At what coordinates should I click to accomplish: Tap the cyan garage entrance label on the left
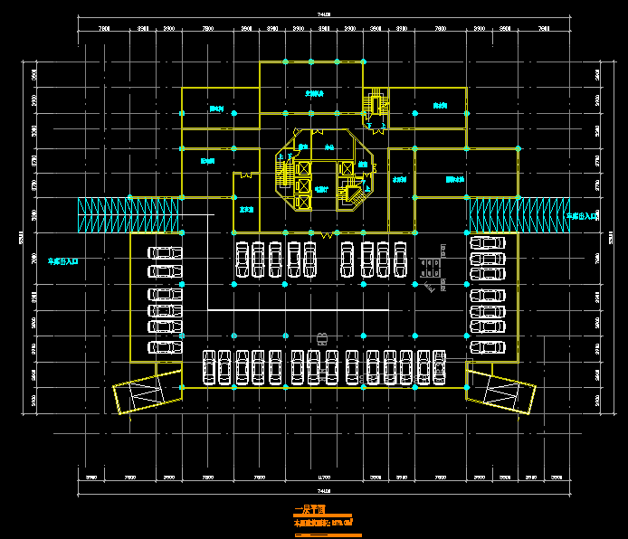tap(63, 260)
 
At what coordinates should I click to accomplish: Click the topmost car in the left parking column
tap(164, 252)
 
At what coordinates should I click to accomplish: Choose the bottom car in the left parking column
tap(164, 347)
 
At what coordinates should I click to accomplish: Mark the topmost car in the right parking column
tap(487, 242)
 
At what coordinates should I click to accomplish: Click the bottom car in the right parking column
tap(487, 347)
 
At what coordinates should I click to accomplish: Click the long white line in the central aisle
tap(298, 311)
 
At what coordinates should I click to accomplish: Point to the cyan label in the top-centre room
tap(314, 93)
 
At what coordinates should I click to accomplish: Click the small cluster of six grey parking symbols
tap(430, 267)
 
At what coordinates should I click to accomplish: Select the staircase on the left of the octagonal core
tap(287, 172)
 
